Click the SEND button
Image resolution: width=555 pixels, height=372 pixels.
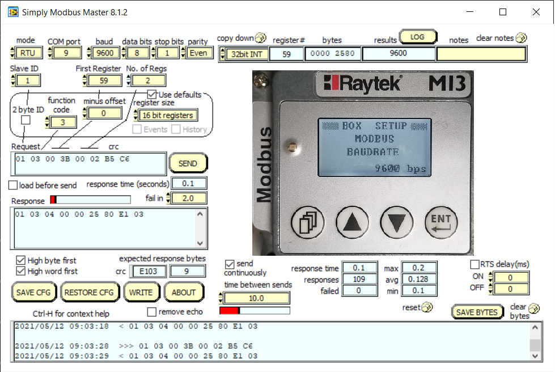pyautogui.click(x=188, y=163)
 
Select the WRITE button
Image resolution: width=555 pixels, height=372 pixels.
pyautogui.click(x=141, y=293)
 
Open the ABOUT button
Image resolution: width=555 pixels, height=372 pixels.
pyautogui.click(x=184, y=293)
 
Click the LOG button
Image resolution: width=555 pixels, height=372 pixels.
pyautogui.click(x=417, y=37)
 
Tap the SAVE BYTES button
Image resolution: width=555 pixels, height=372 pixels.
pyautogui.click(x=477, y=312)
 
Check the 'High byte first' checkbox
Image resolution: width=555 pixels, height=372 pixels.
pyautogui.click(x=21, y=260)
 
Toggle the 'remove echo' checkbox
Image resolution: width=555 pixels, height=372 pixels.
pyautogui.click(x=151, y=311)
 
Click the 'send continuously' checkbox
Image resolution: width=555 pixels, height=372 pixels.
pyautogui.click(x=230, y=264)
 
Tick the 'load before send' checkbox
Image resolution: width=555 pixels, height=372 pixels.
pyautogui.click(x=13, y=185)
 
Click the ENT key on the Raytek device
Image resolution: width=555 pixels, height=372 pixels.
pyautogui.click(x=441, y=222)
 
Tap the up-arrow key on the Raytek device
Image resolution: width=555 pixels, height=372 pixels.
pyautogui.click(x=352, y=222)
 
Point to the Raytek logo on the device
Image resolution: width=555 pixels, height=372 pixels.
pyautogui.click(x=363, y=84)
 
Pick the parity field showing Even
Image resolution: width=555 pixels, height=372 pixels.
pyautogui.click(x=201, y=53)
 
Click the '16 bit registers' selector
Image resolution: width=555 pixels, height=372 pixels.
pyautogui.click(x=168, y=115)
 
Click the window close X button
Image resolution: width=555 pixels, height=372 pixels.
pyautogui.click(x=536, y=12)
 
